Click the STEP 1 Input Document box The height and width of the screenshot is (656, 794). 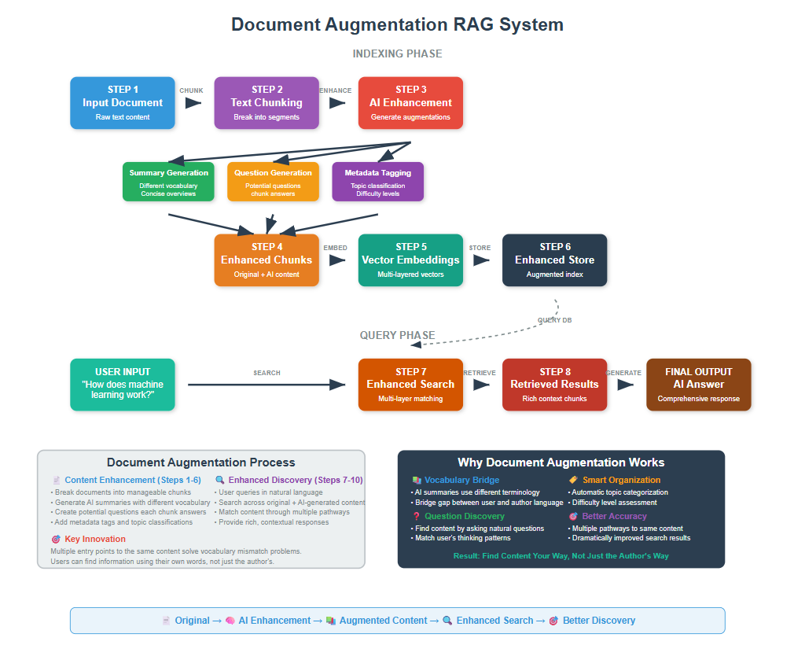pos(123,103)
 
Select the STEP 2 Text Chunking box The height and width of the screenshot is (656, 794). pos(267,103)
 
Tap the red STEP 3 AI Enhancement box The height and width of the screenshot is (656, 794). pos(410,103)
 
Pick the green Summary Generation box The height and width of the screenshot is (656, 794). pos(169,182)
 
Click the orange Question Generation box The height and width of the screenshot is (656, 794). pos(274,182)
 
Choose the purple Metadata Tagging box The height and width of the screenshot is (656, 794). pos(378,182)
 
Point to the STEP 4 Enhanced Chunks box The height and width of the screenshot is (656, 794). pos(267,260)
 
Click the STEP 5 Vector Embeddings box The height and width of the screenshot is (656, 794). pos(410,260)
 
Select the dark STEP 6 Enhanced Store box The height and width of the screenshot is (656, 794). pos(554,260)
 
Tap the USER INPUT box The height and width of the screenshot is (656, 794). pos(123,385)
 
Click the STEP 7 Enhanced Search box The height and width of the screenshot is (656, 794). pos(410,385)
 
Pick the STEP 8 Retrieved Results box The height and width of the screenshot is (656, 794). pos(554,385)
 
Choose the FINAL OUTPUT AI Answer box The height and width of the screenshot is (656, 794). pos(698,385)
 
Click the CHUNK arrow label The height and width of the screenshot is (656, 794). pos(191,90)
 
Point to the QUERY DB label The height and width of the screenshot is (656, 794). pos(554,320)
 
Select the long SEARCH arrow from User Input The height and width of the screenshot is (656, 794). pos(267,385)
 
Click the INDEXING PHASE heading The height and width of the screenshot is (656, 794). pos(397,54)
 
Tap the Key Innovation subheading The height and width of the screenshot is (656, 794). pos(94,539)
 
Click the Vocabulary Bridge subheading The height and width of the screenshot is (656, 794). pos(461,480)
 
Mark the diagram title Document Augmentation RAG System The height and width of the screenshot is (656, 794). pos(397,24)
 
